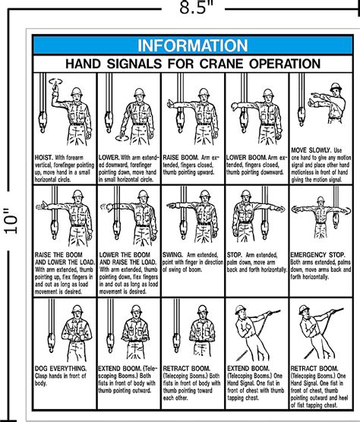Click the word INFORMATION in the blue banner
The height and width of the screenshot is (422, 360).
coord(191,45)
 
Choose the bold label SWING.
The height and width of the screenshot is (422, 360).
coord(175,255)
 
